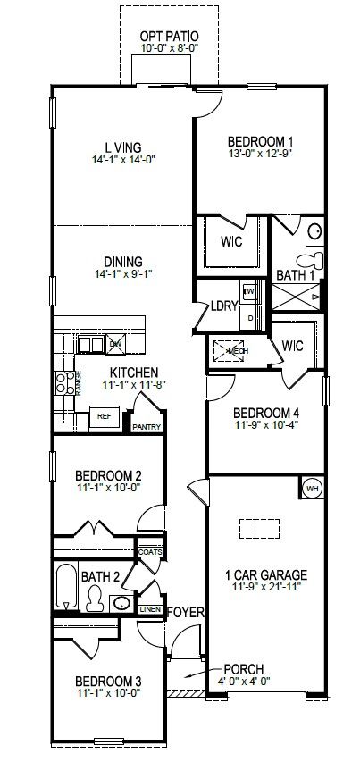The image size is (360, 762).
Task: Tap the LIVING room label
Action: pos(123,148)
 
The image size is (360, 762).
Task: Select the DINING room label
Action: pos(123,262)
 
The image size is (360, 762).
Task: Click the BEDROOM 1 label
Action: pos(260,141)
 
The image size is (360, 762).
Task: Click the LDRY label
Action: pos(222,305)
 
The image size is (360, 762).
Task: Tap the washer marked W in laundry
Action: pos(250,292)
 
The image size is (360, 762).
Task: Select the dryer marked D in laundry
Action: pos(250,317)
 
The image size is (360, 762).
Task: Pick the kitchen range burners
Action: pos(64,383)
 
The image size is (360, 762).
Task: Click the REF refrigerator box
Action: pos(104,415)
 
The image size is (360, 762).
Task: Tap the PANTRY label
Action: pos(145,427)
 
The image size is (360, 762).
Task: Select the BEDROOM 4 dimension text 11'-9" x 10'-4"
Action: pos(264,426)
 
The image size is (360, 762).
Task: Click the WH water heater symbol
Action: pos(313,489)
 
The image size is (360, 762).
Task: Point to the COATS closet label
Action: pos(149,552)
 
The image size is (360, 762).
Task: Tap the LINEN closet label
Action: pos(150,608)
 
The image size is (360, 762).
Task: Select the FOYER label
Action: pos(186,613)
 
